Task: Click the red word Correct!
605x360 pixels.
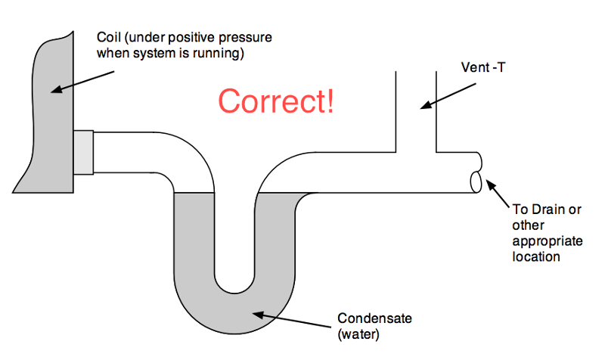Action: coord(276,101)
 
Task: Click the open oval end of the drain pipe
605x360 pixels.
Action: coord(476,182)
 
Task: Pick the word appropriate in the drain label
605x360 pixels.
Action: coord(544,241)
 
